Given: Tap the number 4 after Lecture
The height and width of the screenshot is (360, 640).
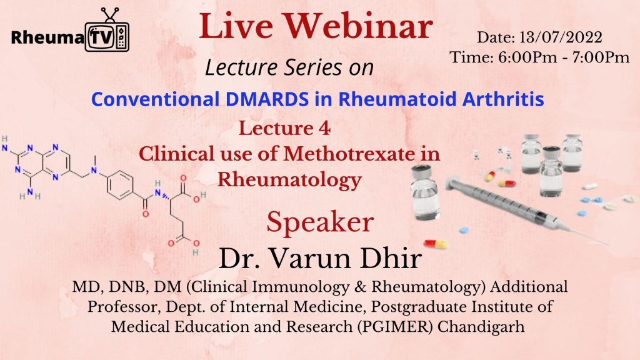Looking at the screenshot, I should (x=324, y=129).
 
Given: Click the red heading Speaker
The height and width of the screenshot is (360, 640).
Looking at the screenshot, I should (x=320, y=222).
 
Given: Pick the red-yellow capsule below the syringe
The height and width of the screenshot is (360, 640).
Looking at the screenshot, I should (x=436, y=244).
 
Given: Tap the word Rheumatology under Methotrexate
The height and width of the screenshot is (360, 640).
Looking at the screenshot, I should (x=289, y=180).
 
